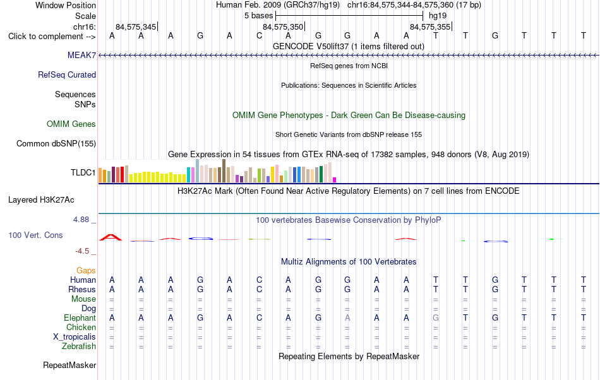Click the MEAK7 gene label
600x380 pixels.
point(81,55)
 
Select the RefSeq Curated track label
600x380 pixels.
point(67,74)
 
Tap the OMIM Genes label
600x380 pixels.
point(71,124)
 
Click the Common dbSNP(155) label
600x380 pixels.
point(56,143)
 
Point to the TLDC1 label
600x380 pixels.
point(83,172)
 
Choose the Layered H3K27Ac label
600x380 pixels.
point(41,199)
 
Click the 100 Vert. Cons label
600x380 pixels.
point(35,235)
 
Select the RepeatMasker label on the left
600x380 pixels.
point(69,365)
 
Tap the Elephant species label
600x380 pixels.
point(80,318)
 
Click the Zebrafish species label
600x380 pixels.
point(79,346)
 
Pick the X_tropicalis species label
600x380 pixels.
point(75,336)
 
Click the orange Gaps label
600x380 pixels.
point(86,270)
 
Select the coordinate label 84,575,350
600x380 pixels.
point(283,27)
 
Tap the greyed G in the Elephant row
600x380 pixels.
point(435,318)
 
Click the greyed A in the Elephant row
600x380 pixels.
point(347,318)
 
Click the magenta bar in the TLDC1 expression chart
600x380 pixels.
point(335,180)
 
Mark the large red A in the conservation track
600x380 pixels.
point(111,237)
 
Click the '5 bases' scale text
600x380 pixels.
point(259,16)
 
